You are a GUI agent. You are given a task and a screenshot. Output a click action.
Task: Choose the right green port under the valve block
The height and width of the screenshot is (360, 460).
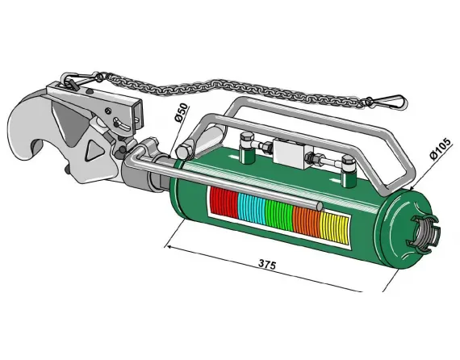347,167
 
